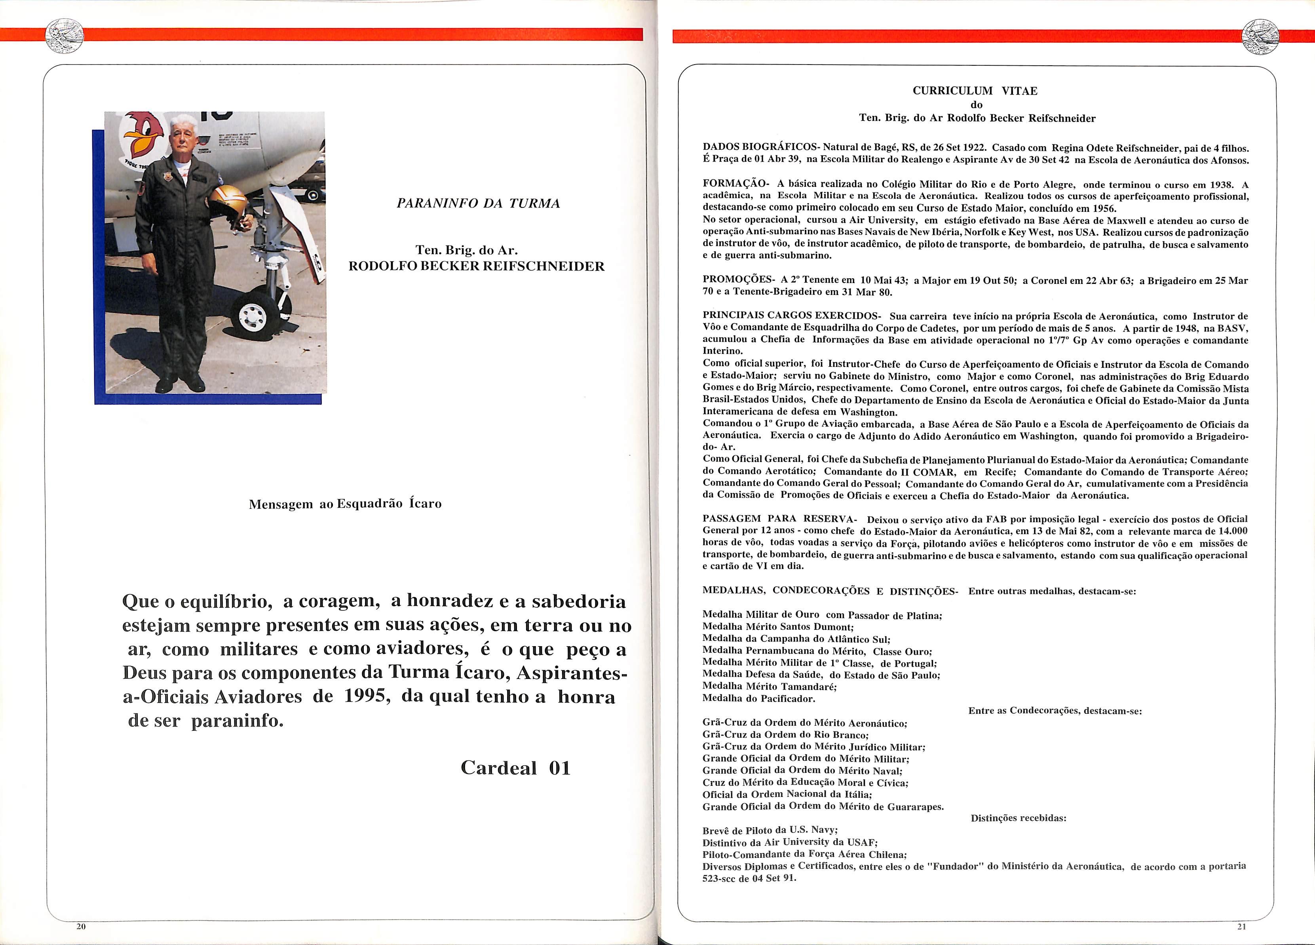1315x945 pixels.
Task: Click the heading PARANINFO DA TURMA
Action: click(478, 203)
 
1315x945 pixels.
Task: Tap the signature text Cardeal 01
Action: click(515, 768)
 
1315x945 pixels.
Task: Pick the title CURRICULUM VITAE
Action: click(975, 91)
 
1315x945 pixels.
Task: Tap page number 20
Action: click(81, 926)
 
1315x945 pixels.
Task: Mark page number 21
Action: click(1241, 926)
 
